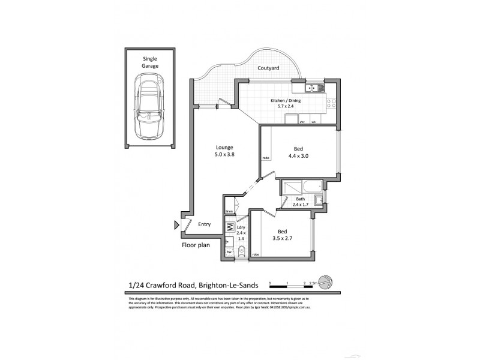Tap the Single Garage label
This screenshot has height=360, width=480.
pyautogui.click(x=151, y=62)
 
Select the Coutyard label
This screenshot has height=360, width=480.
pyautogui.click(x=268, y=68)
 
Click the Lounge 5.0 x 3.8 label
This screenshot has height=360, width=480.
pyautogui.click(x=224, y=151)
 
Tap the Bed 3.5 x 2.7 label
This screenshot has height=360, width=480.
pyautogui.click(x=281, y=235)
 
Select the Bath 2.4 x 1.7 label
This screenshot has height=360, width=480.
pyautogui.click(x=301, y=202)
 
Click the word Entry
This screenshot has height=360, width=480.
pyautogui.click(x=205, y=224)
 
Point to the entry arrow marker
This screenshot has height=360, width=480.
pyautogui.click(x=176, y=225)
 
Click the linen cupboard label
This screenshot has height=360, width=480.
pyautogui.click(x=229, y=212)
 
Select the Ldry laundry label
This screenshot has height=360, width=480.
pyautogui.click(x=242, y=233)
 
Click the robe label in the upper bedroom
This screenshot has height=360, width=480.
pyautogui.click(x=265, y=158)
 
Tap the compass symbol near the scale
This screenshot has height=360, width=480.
pyautogui.click(x=325, y=281)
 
